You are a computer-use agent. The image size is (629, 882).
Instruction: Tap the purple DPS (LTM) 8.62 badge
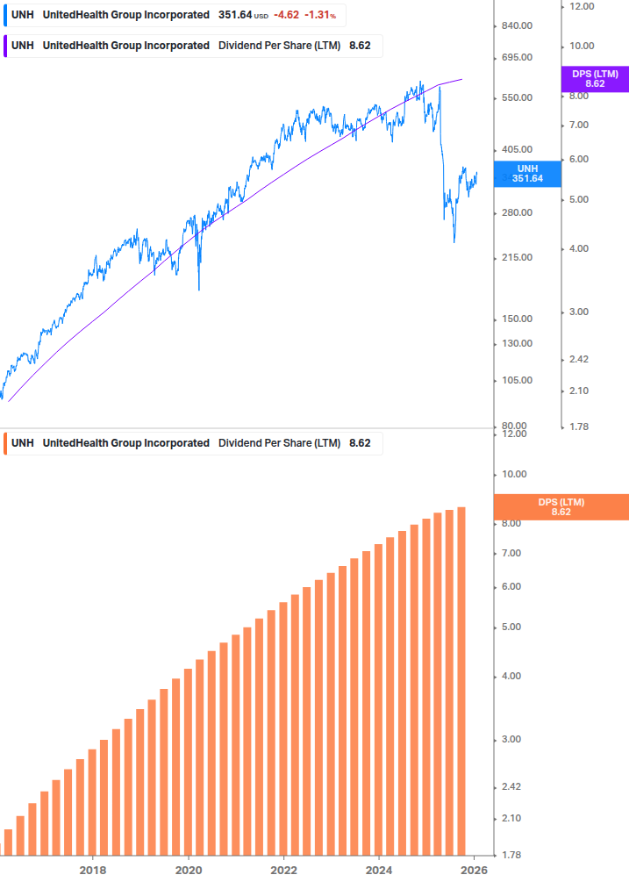[x=594, y=79]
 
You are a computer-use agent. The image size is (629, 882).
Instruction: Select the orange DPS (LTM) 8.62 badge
[x=561, y=506]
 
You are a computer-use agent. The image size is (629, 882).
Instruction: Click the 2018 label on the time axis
[x=93, y=870]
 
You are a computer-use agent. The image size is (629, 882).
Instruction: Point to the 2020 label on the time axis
[x=188, y=870]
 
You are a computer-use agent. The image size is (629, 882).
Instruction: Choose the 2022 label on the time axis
[x=283, y=870]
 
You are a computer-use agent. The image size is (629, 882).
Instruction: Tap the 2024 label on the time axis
[x=378, y=870]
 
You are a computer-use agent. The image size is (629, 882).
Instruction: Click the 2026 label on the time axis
[x=474, y=870]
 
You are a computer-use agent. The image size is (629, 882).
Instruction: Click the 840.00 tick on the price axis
[x=516, y=25]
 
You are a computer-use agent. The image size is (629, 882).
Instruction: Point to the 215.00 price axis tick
[x=516, y=257]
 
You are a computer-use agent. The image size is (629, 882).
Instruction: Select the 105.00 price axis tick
[x=516, y=380]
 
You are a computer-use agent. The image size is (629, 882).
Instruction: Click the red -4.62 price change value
[x=286, y=15]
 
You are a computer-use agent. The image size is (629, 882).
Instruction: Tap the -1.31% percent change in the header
[x=320, y=15]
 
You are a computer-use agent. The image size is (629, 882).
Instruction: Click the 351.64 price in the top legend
[x=235, y=15]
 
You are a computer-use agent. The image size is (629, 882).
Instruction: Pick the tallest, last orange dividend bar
[x=461, y=680]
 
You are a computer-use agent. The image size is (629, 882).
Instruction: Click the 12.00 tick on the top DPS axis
[x=583, y=6]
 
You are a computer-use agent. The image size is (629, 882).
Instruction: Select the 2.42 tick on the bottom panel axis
[x=513, y=787]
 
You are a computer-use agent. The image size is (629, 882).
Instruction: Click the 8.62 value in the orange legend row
[x=360, y=443]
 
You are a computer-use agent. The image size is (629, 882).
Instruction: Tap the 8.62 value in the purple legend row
[x=360, y=46]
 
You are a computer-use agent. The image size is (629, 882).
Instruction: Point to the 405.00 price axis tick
[x=516, y=150]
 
